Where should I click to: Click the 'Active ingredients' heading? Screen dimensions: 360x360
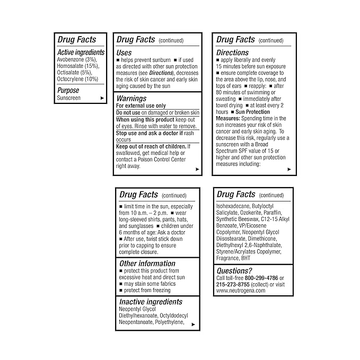click(81, 52)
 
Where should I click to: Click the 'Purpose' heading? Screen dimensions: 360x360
click(68, 91)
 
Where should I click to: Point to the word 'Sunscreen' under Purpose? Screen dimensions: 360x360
click(68, 98)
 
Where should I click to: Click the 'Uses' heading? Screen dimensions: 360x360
click(124, 52)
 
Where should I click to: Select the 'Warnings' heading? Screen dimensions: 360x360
click(131, 98)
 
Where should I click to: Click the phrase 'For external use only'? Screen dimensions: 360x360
click(141, 106)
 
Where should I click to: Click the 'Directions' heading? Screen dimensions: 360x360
click(232, 52)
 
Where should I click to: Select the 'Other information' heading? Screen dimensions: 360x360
click(147, 264)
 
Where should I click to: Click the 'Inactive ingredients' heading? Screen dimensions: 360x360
click(151, 302)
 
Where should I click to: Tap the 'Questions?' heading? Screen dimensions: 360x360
click(234, 271)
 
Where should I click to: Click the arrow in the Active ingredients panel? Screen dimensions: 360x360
click(101, 98)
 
